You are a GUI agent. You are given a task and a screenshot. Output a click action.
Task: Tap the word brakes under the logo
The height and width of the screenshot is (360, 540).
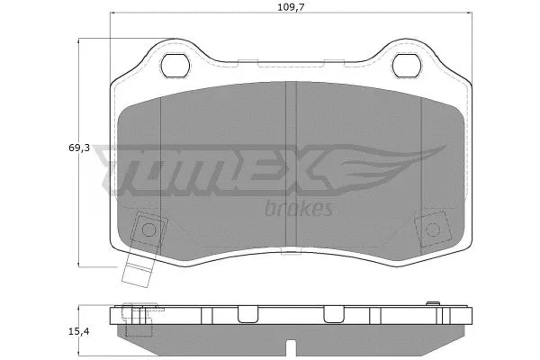tap(300, 209)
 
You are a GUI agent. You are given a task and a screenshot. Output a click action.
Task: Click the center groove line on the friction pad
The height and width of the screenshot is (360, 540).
tap(284, 162)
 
